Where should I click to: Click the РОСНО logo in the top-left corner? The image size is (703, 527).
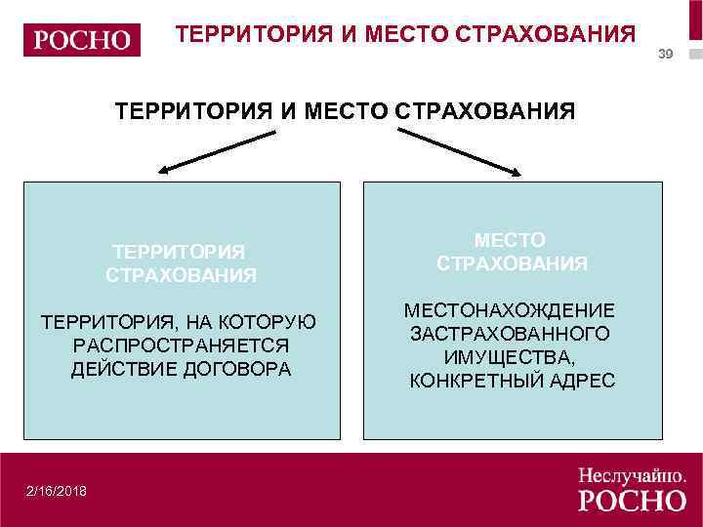click(x=82, y=40)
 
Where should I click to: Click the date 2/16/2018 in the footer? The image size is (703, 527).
click(x=57, y=491)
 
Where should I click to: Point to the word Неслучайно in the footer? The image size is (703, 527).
click(x=631, y=475)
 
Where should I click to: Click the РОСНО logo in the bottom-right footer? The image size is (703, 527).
click(x=632, y=501)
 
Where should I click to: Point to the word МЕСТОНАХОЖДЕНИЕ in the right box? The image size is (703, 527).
click(x=511, y=310)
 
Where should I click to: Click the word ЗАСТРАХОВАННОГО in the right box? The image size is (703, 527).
click(x=511, y=334)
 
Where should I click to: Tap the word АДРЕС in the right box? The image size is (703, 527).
click(x=581, y=381)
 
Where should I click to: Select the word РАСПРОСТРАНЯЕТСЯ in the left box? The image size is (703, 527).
click(x=181, y=346)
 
